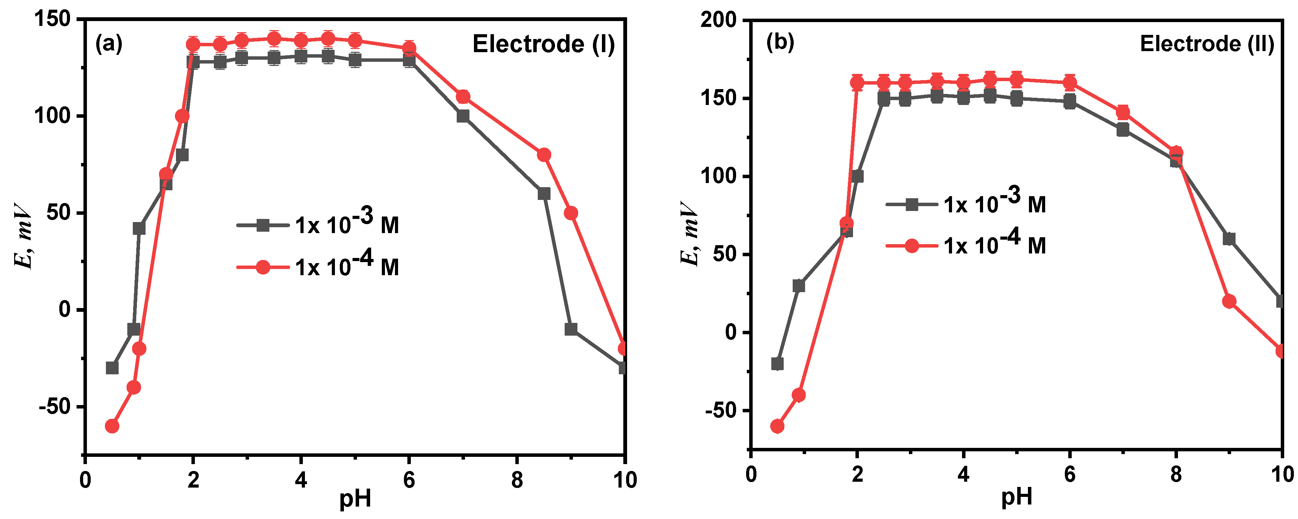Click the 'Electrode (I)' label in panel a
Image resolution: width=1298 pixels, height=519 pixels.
pyautogui.click(x=543, y=45)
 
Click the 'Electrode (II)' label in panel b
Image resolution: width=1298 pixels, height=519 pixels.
pyautogui.click(x=1207, y=45)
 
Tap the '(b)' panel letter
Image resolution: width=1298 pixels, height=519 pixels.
pyautogui.click(x=780, y=42)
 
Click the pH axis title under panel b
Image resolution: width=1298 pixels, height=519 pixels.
pyautogui.click(x=1016, y=497)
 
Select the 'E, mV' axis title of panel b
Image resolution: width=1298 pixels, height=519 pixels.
pyautogui.click(x=689, y=233)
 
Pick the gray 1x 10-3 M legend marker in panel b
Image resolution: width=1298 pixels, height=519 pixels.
pyautogui.click(x=912, y=204)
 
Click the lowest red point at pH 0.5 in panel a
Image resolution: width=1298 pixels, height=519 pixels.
pyautogui.click(x=112, y=426)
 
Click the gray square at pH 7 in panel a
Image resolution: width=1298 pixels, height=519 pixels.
pyautogui.click(x=463, y=116)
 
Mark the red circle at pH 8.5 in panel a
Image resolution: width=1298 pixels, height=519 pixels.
pyautogui.click(x=544, y=155)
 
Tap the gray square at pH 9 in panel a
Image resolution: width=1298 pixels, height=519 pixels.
pyautogui.click(x=571, y=329)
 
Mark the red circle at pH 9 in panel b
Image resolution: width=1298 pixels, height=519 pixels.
pyautogui.click(x=1229, y=301)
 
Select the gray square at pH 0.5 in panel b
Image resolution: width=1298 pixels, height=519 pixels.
pyautogui.click(x=777, y=364)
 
